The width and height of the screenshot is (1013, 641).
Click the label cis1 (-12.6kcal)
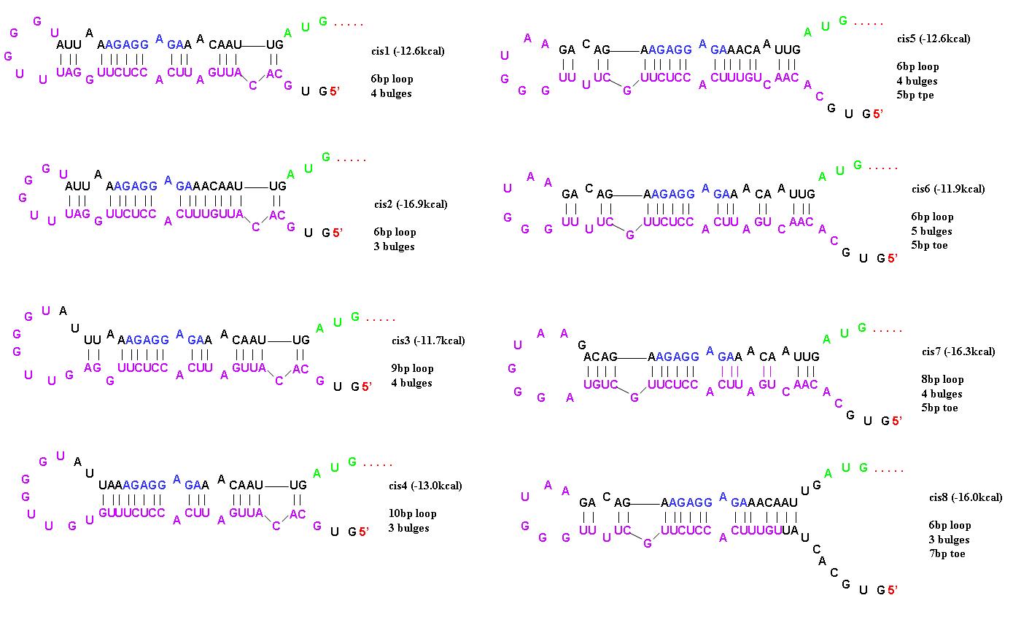pos(407,51)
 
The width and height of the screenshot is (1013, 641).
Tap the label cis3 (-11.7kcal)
pos(427,341)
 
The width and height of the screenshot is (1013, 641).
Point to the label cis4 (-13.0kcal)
pos(425,486)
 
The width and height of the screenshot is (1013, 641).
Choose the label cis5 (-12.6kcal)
pos(933,39)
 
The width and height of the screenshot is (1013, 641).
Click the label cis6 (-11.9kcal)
pos(947,189)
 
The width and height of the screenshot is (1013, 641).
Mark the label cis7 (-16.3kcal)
pos(958,351)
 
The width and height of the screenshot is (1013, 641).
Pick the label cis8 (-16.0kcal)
pos(965,497)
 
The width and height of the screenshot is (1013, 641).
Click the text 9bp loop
pos(412,368)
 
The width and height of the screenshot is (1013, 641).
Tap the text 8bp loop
pos(942,379)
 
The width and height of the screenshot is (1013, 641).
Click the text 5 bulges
pos(931,231)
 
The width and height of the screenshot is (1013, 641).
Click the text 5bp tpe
pos(915,95)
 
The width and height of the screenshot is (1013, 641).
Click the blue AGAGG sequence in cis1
pos(127,44)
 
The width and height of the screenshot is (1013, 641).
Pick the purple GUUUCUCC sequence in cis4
pos(132,513)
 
